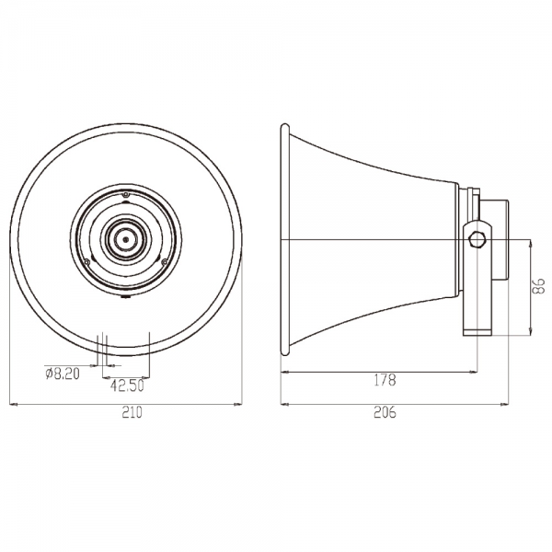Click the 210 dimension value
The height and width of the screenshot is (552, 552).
[132, 412]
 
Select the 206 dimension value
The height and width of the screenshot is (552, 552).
[385, 412]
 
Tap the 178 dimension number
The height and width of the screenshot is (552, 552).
[385, 380]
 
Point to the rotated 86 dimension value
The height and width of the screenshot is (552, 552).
[539, 285]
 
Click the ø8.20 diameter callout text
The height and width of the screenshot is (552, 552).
[63, 374]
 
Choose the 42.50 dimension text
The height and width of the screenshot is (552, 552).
[127, 385]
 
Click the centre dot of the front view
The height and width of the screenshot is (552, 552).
[126, 239]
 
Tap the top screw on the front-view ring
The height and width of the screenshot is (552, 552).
[126, 195]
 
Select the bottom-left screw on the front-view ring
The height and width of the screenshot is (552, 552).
[86, 261]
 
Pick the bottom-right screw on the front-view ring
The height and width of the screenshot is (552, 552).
[164, 261]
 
